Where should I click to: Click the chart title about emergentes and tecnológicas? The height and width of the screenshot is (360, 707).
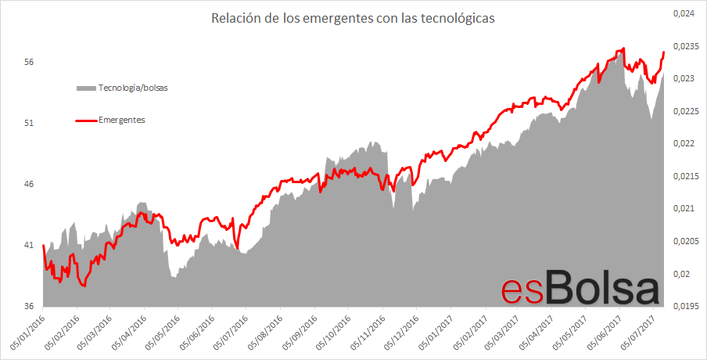pyautogui.click(x=353, y=18)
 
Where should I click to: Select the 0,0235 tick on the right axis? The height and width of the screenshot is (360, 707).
pyautogui.click(x=685, y=46)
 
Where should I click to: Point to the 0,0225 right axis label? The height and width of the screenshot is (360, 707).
pyautogui.click(x=685, y=111)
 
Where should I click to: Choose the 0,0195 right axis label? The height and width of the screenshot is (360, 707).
pyautogui.click(x=685, y=306)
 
